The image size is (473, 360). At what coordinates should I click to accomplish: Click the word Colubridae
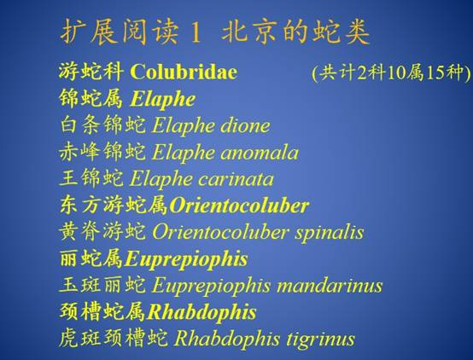click(x=184, y=72)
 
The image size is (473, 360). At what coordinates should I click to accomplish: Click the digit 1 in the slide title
click(x=196, y=32)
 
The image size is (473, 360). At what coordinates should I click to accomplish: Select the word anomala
click(x=260, y=152)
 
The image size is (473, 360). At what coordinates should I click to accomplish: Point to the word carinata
click(x=236, y=179)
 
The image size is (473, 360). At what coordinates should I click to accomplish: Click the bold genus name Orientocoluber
click(x=239, y=206)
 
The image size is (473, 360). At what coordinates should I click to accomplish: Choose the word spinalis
click(x=329, y=233)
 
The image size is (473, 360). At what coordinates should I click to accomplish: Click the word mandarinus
click(x=330, y=285)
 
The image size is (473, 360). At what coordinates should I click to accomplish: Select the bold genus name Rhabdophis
click(x=201, y=312)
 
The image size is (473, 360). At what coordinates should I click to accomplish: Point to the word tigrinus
click(x=320, y=340)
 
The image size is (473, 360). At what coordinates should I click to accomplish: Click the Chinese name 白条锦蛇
click(x=102, y=125)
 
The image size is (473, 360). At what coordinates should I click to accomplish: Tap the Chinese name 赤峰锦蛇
click(x=102, y=152)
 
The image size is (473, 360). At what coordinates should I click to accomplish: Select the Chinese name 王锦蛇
click(x=91, y=178)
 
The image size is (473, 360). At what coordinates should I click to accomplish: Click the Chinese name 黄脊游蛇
click(x=102, y=232)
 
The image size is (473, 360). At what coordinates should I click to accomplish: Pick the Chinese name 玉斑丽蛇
click(x=102, y=285)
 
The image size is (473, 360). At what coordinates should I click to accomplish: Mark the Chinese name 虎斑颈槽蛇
click(x=114, y=339)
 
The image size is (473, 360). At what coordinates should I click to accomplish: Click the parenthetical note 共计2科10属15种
click(x=391, y=73)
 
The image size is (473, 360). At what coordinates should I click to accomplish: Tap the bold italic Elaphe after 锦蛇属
click(x=163, y=99)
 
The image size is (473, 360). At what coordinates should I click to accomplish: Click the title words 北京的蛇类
click(x=295, y=32)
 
